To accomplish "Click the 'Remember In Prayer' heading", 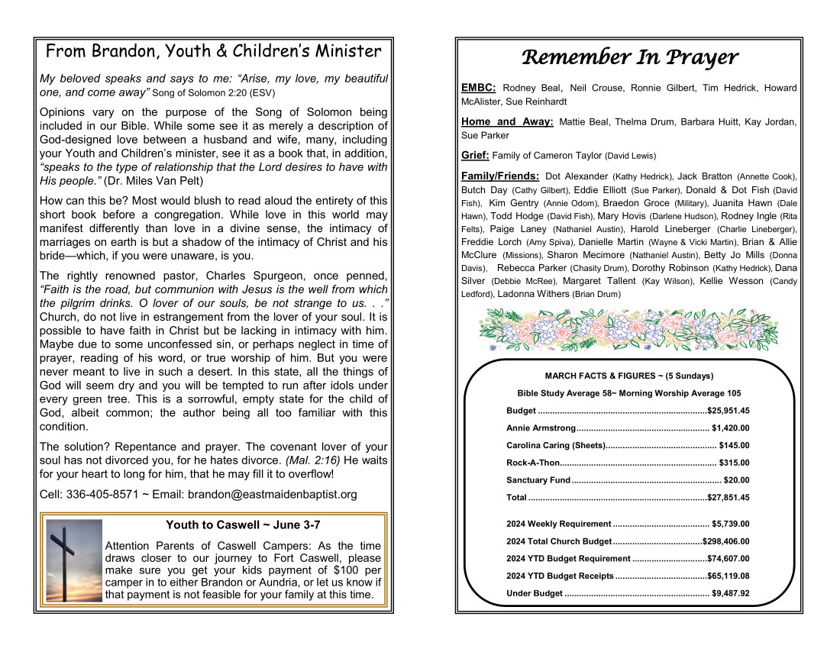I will tap(629, 57).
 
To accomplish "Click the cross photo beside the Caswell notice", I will tap(74, 562).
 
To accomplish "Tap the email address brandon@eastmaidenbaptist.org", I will tap(273, 494).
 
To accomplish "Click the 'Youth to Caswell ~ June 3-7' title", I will tap(243, 525).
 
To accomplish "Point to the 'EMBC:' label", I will tap(479, 88).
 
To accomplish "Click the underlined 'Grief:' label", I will tap(475, 155).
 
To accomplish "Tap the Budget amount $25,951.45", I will tap(729, 411).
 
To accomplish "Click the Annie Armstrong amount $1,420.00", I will tap(730, 428).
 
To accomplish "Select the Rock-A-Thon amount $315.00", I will tap(734, 463).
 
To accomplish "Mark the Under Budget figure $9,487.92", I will tap(730, 593).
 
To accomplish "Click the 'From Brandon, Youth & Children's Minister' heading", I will tap(213, 51).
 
